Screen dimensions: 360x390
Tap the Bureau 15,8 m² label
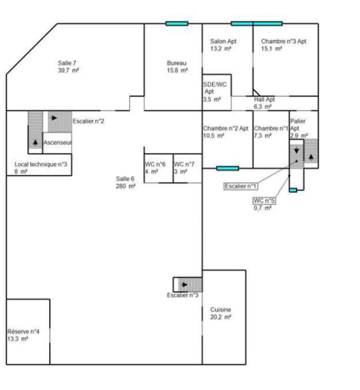click(x=177, y=67)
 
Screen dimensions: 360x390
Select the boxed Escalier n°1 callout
click(x=241, y=186)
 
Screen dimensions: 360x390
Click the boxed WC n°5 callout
click(x=264, y=200)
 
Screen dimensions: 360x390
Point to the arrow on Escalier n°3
click(x=185, y=285)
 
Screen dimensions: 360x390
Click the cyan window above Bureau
click(x=177, y=23)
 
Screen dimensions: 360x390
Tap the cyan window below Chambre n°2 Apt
click(x=227, y=168)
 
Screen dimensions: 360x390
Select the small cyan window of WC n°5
click(x=293, y=190)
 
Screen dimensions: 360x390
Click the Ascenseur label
click(x=57, y=142)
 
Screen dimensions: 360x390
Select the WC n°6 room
click(x=159, y=168)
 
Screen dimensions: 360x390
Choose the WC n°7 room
click(x=188, y=168)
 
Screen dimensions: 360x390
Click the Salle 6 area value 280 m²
click(x=126, y=186)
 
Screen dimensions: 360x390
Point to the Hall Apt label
click(x=265, y=99)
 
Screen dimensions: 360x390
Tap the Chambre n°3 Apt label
click(x=284, y=41)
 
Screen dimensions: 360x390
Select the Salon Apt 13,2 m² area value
click(x=221, y=48)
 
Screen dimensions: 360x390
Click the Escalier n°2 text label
click(x=88, y=121)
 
